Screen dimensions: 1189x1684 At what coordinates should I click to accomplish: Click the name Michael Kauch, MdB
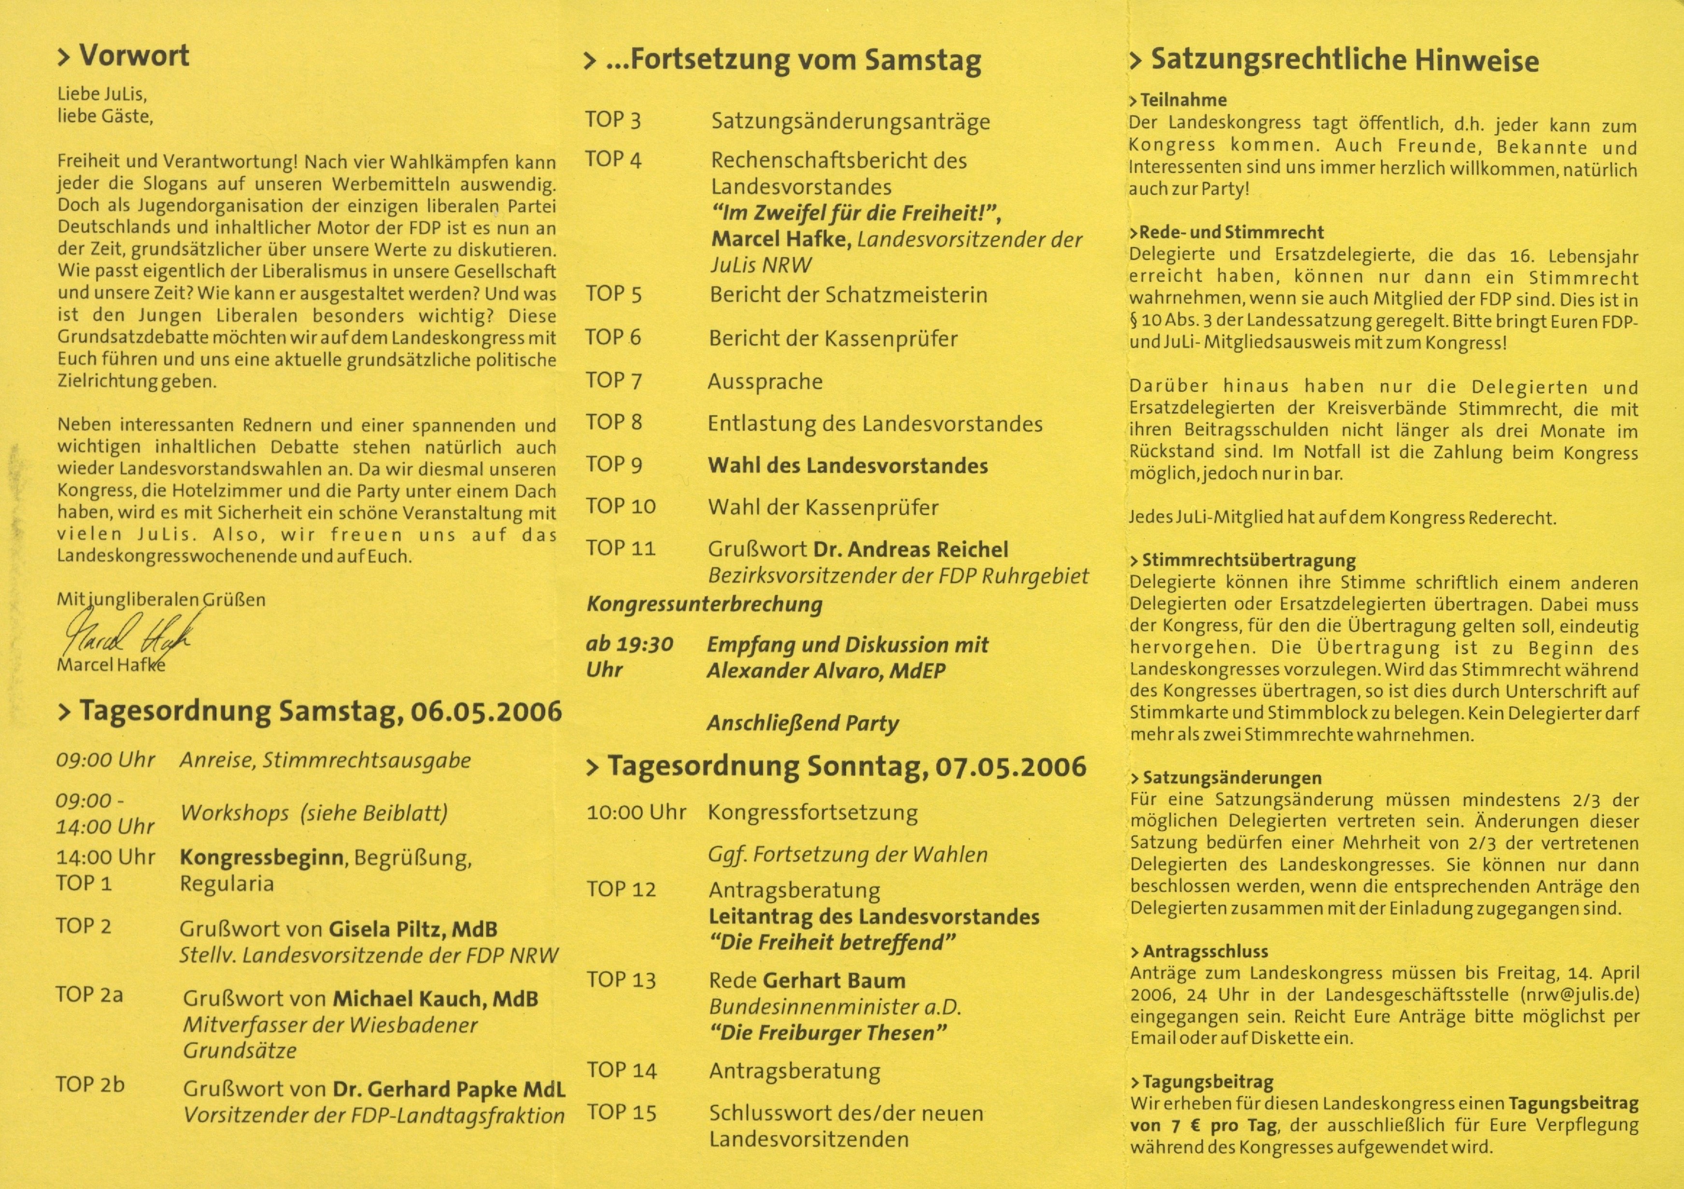point(435,999)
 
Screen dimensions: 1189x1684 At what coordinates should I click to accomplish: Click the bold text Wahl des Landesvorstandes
point(847,467)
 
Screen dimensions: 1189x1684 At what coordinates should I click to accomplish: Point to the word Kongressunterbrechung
point(704,605)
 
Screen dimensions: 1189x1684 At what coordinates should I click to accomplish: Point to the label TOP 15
point(621,1113)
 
